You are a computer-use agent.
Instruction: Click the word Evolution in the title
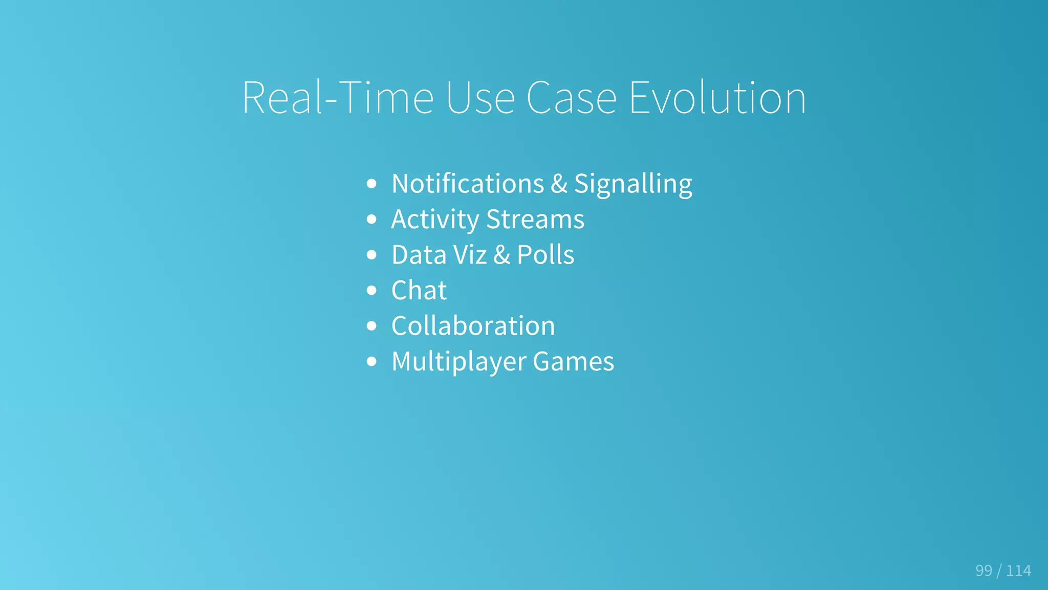tap(717, 98)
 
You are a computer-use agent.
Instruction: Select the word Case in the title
tap(571, 98)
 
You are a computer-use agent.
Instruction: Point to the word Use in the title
tap(480, 98)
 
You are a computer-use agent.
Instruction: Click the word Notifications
tap(468, 184)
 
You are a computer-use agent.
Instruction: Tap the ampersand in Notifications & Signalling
tap(559, 184)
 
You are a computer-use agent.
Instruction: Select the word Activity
tap(435, 220)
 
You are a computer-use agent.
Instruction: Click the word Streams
tap(535, 220)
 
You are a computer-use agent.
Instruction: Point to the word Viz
tap(470, 255)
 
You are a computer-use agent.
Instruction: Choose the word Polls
tap(545, 255)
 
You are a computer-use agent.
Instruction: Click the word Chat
tap(419, 290)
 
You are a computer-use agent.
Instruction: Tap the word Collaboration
tap(473, 326)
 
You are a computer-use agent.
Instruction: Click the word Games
tap(573, 361)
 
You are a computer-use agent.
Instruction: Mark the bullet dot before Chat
tap(372, 291)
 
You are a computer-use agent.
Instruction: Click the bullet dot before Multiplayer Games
tap(372, 362)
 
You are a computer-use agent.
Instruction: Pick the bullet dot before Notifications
tap(372, 184)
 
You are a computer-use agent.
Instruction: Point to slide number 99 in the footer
tap(984, 571)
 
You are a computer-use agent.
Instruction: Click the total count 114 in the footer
tap(1018, 571)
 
